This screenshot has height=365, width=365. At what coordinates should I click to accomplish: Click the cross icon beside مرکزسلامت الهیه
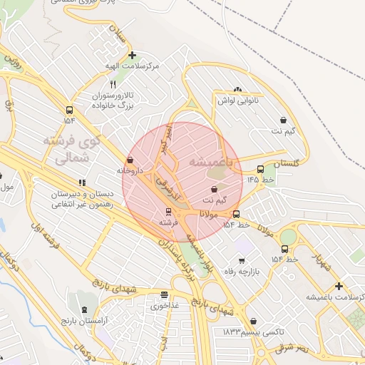tap(131, 55)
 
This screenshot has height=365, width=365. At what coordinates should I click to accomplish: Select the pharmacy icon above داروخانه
tap(130, 160)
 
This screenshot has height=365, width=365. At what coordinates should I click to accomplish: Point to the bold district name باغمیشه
tap(216, 163)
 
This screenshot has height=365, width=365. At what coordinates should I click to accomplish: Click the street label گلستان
tap(289, 163)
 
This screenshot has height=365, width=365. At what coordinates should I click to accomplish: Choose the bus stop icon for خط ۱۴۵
tap(260, 170)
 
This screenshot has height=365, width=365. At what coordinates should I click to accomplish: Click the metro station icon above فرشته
tap(168, 212)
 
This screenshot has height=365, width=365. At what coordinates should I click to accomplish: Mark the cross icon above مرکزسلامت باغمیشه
tap(339, 286)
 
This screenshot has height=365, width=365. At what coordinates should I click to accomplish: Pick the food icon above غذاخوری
tap(165, 294)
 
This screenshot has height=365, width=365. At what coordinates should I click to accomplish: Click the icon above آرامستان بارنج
tap(86, 310)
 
